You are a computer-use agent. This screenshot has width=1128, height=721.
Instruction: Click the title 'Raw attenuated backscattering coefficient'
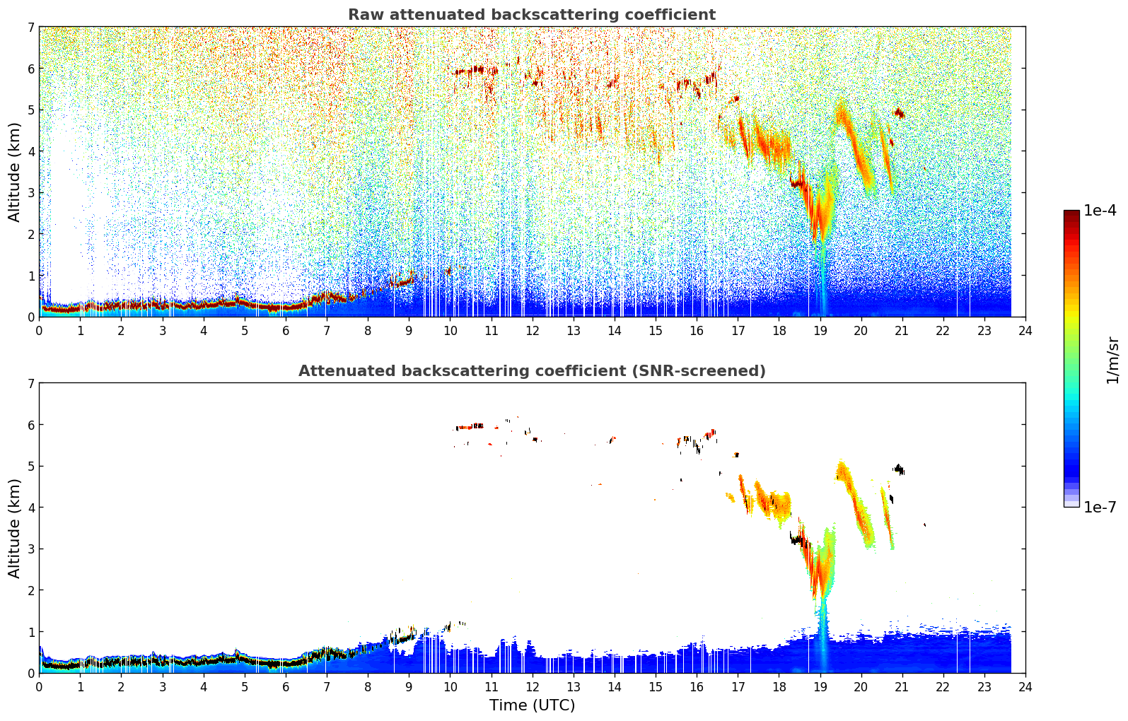(x=532, y=15)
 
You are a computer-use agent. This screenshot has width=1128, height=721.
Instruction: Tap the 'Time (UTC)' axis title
(x=532, y=705)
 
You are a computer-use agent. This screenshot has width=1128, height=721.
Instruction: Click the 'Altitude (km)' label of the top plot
(x=14, y=172)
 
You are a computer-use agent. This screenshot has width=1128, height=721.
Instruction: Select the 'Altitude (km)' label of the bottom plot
(x=14, y=528)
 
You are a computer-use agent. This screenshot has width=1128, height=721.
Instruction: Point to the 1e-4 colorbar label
(x=1100, y=211)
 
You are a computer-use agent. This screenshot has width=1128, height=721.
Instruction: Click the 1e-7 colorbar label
(x=1100, y=507)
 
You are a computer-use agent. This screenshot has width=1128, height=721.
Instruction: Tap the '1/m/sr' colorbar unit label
(x=1113, y=361)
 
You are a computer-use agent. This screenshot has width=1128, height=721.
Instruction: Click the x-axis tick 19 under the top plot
(x=820, y=331)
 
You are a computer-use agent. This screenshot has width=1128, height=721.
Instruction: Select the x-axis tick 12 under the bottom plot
(x=533, y=687)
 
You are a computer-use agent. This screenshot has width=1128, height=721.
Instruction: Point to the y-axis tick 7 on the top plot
(x=31, y=27)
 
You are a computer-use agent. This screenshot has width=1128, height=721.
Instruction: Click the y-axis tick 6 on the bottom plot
(x=31, y=425)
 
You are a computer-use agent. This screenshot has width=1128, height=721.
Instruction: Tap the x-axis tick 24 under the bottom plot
(x=1025, y=687)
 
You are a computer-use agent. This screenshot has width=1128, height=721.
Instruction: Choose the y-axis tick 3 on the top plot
(x=31, y=193)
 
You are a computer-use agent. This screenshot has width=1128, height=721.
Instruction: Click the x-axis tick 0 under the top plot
(x=40, y=331)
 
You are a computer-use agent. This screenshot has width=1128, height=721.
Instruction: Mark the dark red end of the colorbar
(x=1071, y=213)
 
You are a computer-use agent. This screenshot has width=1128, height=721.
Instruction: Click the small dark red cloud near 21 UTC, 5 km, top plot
(x=899, y=113)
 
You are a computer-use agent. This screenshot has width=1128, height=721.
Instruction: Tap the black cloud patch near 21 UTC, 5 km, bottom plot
(x=899, y=469)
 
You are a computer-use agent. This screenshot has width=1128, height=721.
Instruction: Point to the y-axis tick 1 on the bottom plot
(x=31, y=632)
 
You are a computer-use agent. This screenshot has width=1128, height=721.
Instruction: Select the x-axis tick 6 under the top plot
(x=286, y=331)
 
